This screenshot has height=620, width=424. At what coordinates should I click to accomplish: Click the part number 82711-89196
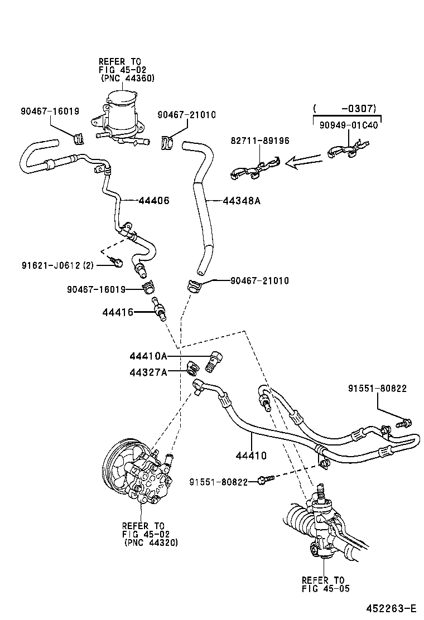(260, 141)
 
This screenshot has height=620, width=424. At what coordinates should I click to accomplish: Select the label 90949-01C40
(349, 125)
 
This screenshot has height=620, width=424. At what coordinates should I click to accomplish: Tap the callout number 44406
(154, 201)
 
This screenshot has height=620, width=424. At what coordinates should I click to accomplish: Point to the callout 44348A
(242, 201)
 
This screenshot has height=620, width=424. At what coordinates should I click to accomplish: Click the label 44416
(118, 312)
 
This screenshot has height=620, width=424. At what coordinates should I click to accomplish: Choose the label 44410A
(148, 356)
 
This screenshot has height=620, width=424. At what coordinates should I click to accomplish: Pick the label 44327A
(148, 372)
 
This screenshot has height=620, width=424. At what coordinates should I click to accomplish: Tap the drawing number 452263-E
(391, 608)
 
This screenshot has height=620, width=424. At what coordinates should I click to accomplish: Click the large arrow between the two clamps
(303, 162)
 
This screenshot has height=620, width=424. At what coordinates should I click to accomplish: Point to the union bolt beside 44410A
(215, 361)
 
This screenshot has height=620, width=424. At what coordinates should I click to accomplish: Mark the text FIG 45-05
(326, 588)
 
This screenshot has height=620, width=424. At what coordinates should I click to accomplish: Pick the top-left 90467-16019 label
(50, 112)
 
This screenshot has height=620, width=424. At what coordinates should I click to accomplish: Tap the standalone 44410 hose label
(251, 456)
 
